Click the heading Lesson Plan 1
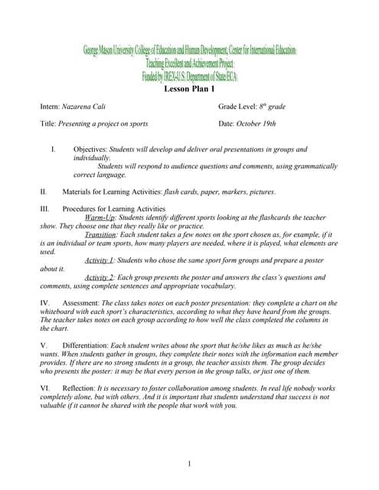189,89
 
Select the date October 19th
257,123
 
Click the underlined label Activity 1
100,260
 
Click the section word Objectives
90,149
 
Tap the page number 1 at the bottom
189,464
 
